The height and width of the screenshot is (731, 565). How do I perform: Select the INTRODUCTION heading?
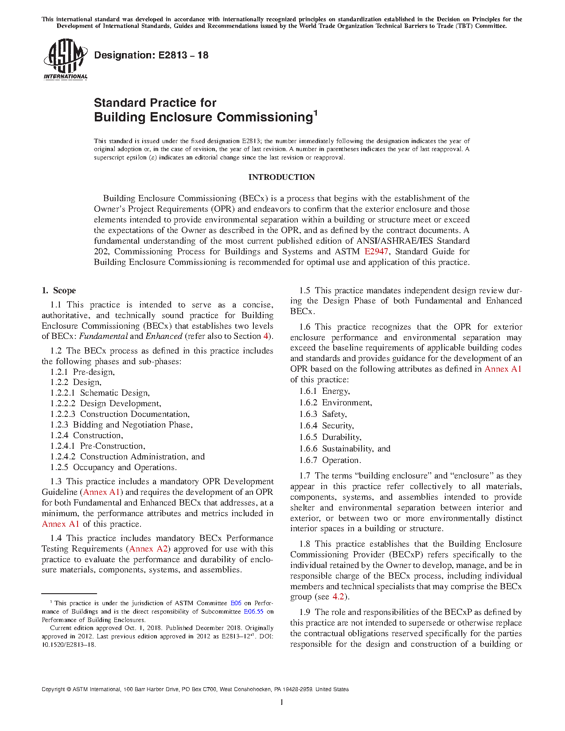(281, 177)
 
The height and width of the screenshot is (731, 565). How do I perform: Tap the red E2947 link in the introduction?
(376, 252)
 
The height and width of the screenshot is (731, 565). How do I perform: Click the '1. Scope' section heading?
(58, 291)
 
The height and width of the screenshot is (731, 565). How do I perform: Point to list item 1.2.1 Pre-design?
(82, 372)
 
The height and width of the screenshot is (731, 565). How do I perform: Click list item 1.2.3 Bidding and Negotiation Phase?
(121, 425)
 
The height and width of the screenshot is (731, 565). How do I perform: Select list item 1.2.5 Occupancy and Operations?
(113, 467)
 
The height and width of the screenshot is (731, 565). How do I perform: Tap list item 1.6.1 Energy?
(324, 391)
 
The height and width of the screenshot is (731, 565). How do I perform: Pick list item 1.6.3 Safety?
(323, 414)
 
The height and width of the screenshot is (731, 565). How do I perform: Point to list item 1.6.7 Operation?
(330, 460)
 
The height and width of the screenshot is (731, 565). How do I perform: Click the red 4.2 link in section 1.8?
(338, 597)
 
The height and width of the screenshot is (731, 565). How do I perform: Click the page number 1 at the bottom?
(282, 702)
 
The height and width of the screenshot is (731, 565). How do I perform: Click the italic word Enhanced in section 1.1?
(164, 336)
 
